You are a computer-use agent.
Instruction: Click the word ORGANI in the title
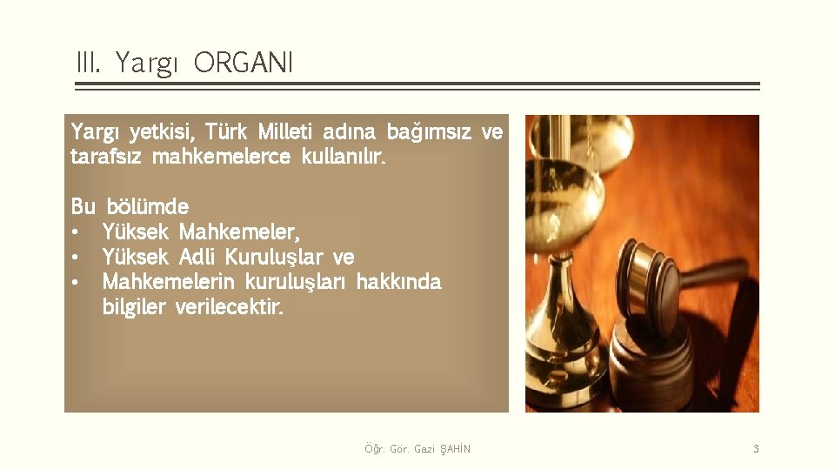click(x=244, y=63)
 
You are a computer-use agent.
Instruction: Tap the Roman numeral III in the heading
click(x=89, y=63)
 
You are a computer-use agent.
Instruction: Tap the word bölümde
click(x=147, y=207)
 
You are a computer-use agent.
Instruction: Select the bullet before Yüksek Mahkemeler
click(x=77, y=233)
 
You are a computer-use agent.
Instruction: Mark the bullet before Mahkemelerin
click(x=77, y=283)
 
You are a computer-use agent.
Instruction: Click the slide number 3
click(x=756, y=449)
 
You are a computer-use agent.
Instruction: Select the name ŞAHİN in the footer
click(x=456, y=449)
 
